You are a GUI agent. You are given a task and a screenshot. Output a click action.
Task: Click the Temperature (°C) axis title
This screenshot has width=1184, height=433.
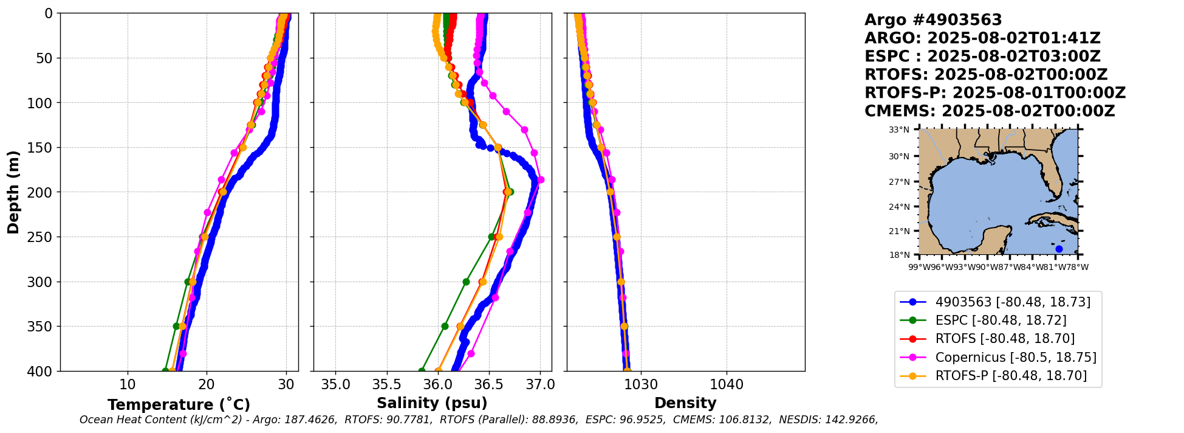179,405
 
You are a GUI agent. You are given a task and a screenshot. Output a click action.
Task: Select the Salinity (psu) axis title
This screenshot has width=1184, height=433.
432,403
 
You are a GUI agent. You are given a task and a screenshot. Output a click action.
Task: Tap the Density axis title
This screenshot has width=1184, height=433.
685,403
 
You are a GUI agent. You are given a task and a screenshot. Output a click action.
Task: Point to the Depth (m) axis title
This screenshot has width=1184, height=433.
13,192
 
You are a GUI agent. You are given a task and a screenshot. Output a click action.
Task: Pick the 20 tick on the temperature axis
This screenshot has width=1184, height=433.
207,384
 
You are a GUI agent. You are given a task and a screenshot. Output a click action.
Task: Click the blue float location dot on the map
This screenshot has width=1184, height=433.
1059,249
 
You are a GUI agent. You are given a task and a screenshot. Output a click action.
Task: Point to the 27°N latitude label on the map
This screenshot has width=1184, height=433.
899,182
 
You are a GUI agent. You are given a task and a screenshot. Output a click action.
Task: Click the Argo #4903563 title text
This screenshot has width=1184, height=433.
933,20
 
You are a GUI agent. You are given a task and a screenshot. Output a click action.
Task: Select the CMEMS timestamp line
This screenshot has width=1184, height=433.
990,111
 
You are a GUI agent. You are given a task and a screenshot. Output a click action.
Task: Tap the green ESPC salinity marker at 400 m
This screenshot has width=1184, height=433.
422,371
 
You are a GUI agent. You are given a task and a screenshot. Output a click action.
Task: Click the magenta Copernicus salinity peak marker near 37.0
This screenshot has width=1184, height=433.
541,179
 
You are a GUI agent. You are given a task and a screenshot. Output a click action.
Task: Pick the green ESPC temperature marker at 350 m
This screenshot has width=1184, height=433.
176,326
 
